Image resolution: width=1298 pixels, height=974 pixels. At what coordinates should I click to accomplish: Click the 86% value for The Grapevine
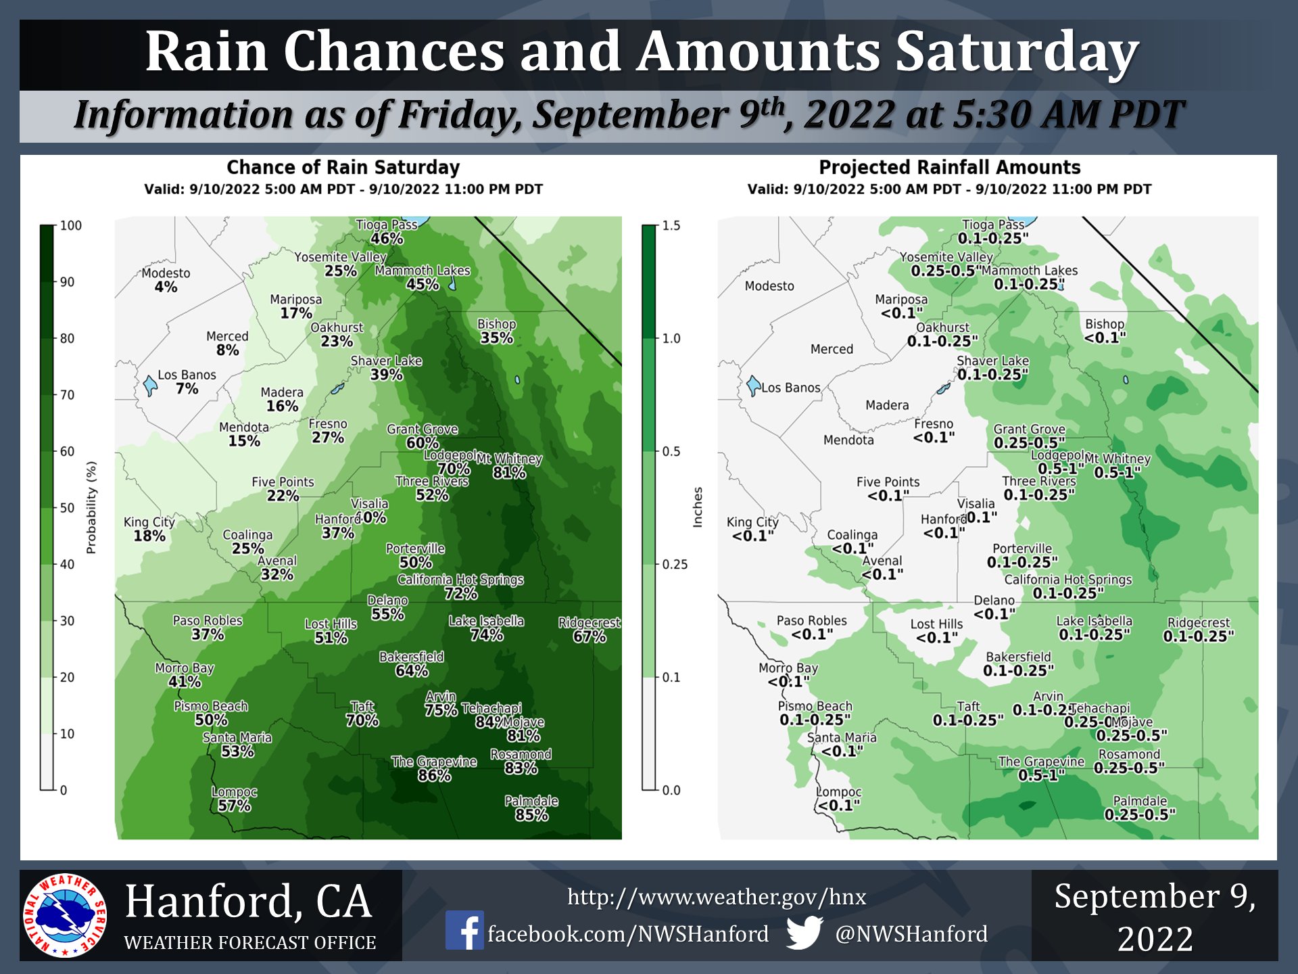434,776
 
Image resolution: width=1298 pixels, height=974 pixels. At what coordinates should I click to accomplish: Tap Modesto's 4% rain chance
166,287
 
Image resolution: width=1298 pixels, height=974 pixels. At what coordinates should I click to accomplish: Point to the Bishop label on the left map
496,324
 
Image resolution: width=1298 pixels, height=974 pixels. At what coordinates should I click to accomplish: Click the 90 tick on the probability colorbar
67,282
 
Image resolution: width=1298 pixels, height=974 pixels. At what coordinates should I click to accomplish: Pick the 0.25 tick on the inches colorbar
674,564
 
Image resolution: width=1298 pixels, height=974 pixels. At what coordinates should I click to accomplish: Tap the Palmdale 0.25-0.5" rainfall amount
1140,815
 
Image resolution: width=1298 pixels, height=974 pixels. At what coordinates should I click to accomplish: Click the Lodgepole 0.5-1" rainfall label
1061,469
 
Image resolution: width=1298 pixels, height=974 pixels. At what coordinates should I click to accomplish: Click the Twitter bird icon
804,932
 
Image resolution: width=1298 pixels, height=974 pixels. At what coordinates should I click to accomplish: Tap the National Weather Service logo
65,915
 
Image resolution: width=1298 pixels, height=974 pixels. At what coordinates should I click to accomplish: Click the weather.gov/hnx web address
716,897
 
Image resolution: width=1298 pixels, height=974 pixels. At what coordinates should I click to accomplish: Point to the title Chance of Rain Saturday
343,167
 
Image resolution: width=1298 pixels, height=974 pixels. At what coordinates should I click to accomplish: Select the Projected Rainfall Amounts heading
949,167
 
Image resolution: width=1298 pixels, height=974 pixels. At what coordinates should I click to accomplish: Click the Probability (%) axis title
91,507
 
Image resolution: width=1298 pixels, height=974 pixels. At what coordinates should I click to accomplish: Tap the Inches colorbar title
698,507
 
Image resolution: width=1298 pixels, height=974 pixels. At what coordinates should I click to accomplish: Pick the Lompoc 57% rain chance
234,806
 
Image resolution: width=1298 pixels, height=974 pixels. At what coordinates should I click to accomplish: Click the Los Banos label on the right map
790,388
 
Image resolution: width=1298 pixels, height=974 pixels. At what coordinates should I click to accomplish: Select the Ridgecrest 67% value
589,636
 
